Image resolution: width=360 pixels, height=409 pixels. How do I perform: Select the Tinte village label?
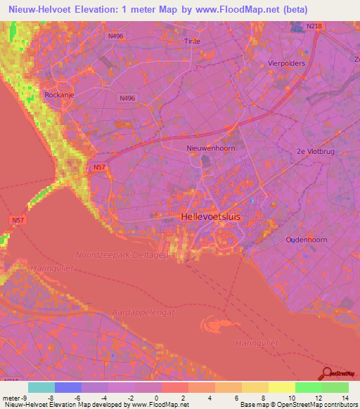[x=192, y=41]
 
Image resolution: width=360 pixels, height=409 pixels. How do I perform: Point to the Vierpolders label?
[x=287, y=63]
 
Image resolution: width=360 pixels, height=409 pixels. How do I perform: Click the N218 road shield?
[x=314, y=27]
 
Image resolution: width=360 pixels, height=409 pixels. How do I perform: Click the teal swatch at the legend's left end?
[x=41, y=387]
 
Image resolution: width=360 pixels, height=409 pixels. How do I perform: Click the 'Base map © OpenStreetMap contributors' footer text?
[x=297, y=405]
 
